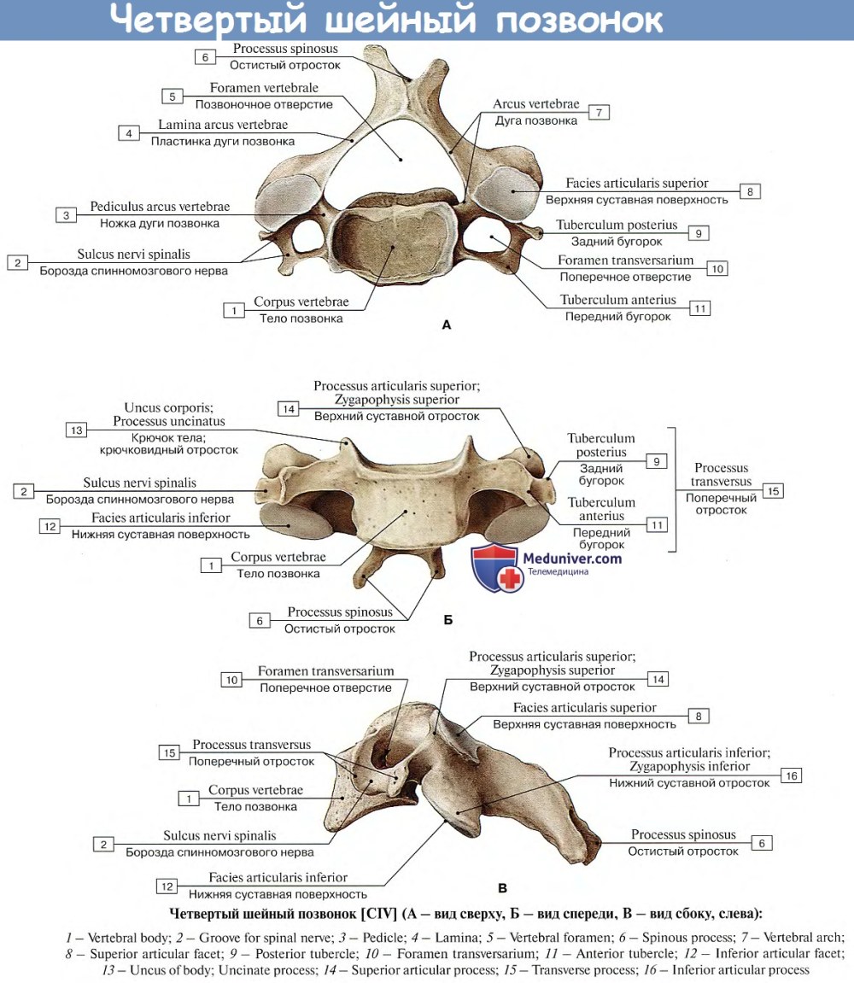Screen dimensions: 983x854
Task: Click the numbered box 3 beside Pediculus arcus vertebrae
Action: (66, 215)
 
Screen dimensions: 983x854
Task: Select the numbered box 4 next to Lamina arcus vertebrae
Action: (129, 133)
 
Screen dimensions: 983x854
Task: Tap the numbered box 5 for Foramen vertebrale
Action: (173, 97)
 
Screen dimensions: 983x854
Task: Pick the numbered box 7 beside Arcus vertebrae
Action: (598, 113)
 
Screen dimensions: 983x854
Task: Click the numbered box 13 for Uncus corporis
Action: (77, 430)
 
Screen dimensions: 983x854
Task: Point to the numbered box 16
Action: (791, 775)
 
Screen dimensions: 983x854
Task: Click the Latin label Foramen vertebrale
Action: (264, 88)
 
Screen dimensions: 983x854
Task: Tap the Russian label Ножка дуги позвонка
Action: (160, 223)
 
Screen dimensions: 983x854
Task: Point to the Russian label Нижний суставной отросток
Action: (689, 782)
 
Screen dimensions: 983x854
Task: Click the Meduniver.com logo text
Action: (574, 559)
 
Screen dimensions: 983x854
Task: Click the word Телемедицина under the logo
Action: (558, 572)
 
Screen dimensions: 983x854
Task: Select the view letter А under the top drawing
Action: (446, 325)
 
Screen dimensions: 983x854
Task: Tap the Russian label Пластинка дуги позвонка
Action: (223, 141)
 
